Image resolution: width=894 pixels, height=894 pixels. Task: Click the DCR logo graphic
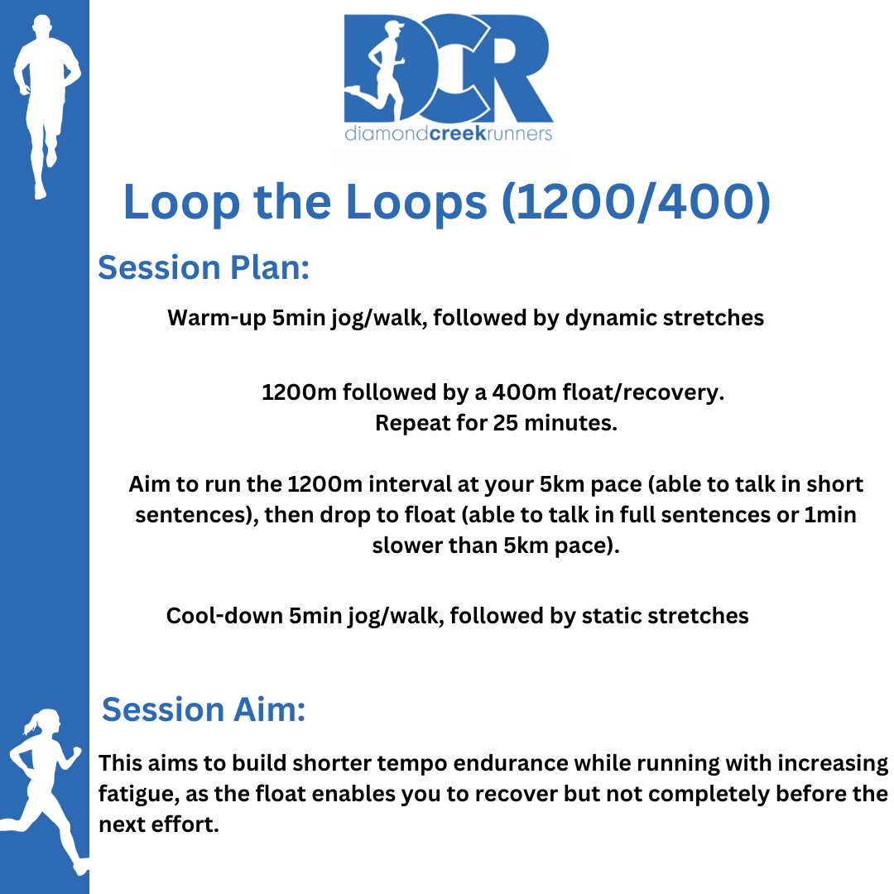coord(448,68)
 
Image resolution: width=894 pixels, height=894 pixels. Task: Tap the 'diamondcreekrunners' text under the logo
coord(448,134)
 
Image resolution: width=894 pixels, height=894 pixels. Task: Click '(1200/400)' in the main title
coord(636,202)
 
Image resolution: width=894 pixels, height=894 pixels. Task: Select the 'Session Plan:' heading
coord(204,267)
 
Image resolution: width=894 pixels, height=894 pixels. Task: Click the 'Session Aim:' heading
coord(204,709)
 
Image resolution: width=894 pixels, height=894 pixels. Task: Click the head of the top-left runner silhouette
coord(42,26)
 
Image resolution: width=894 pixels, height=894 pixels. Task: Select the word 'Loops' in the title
coord(416,203)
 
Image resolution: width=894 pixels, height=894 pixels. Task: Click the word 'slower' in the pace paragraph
coord(406,546)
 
